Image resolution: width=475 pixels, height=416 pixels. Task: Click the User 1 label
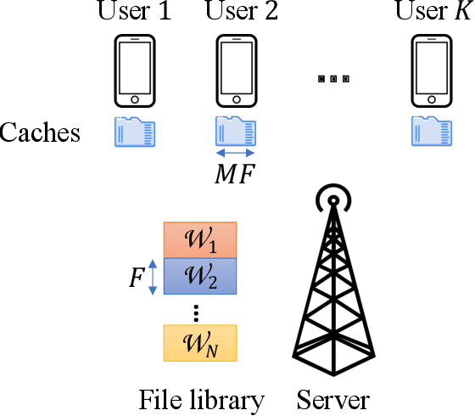pos(135,12)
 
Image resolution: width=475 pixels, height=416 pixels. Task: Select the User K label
pos(432,12)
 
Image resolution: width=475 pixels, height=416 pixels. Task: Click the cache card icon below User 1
pos(135,132)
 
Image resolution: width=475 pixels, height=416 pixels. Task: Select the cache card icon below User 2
pos(235,132)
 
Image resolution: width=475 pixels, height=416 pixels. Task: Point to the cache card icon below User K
pos(431,132)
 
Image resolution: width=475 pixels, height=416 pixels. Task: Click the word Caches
pos(41,133)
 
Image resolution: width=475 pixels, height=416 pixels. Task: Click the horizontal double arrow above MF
pos(235,154)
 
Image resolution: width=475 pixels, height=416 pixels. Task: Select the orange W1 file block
pos(200,239)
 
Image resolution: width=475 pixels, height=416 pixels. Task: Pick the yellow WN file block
pos(200,344)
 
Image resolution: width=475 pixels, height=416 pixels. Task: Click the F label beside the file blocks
pos(135,277)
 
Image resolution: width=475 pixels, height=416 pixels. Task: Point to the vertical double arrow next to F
pos(153,277)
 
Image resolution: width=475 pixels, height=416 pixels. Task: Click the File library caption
pos(202,398)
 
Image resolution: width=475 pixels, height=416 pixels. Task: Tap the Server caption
pos(333,398)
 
